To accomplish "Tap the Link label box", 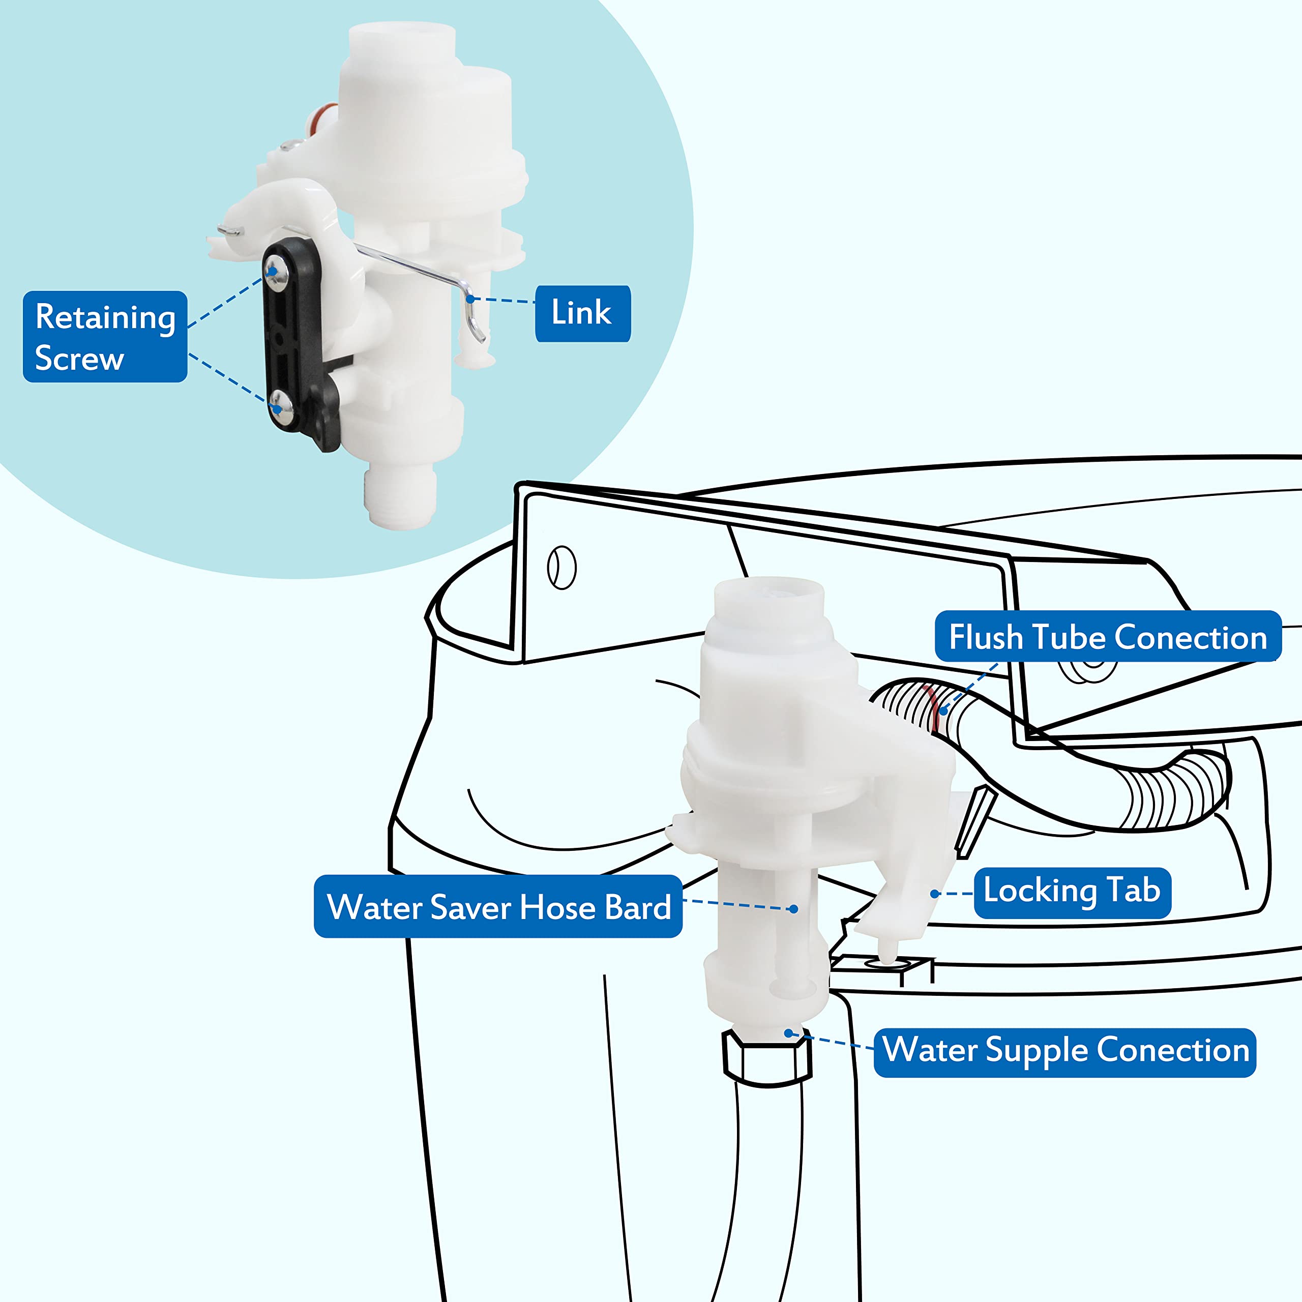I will point(582,313).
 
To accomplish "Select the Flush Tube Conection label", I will point(1107,637).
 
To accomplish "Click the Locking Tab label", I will point(1072,891).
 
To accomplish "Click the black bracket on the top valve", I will point(297,340).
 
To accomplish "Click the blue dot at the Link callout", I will point(470,299).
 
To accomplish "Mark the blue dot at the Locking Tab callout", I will point(935,894).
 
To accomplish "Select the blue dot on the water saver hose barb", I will point(794,909).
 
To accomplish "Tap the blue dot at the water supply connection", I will point(788,1032).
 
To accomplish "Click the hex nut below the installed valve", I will point(767,1058).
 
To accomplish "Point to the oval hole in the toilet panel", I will point(562,568).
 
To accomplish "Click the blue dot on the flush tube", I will point(943,711).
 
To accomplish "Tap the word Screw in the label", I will point(79,358).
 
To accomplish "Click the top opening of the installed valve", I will point(768,589).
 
